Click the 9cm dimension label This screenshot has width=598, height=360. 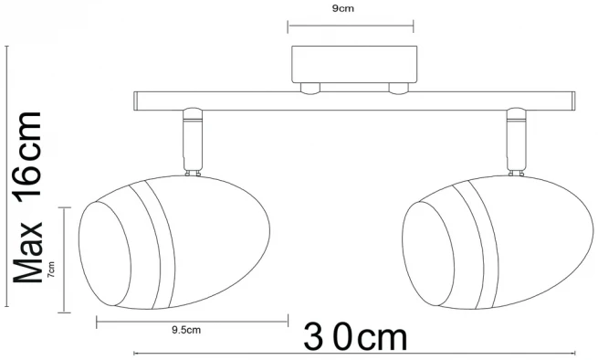point(343,9)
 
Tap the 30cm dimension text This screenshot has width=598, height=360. point(355,337)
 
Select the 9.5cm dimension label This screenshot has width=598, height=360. point(186,330)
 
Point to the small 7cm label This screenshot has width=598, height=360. point(51,270)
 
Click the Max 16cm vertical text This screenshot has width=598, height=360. point(27,197)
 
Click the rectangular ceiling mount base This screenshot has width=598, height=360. point(354,64)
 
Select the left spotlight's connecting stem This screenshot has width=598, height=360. point(193,142)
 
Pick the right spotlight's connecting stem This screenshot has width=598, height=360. point(517,142)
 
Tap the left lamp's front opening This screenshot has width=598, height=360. point(105,253)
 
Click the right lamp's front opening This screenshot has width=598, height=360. point(429,253)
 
